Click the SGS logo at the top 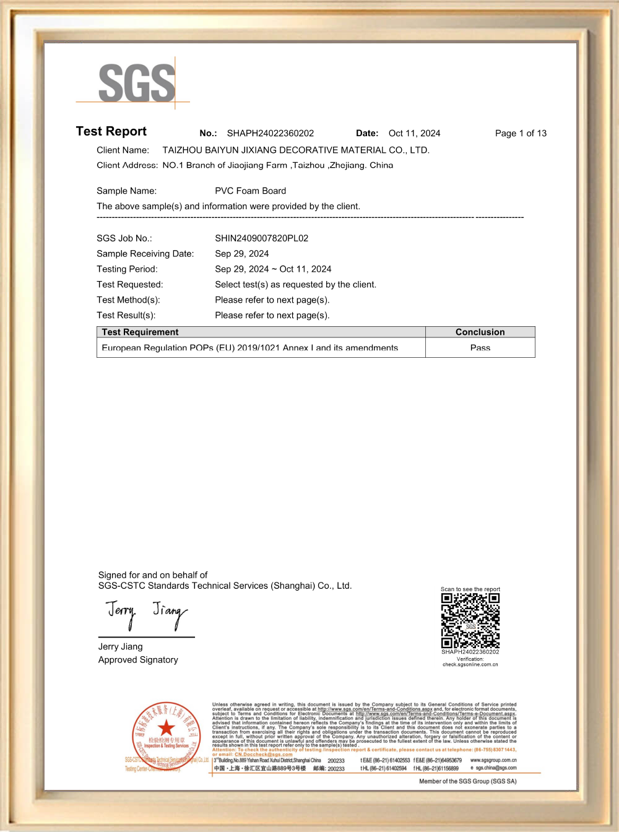click(x=137, y=83)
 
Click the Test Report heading click(x=111, y=131)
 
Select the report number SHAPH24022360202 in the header click(x=270, y=133)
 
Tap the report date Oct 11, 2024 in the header click(x=414, y=133)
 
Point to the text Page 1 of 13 click(x=521, y=133)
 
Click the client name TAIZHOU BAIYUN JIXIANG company click(x=295, y=150)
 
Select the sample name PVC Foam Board click(x=250, y=191)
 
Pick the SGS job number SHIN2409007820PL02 click(x=261, y=238)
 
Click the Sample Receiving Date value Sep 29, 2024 click(x=241, y=254)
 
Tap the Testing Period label click(x=127, y=269)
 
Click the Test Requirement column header click(x=140, y=332)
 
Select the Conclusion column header click(x=480, y=332)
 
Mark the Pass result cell click(x=480, y=348)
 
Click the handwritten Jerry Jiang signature click(x=146, y=613)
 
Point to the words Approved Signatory click(x=138, y=660)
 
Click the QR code click(x=470, y=620)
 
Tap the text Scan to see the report click(x=470, y=589)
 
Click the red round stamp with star click(x=166, y=734)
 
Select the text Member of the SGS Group click(x=467, y=781)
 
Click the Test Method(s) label click(x=128, y=300)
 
